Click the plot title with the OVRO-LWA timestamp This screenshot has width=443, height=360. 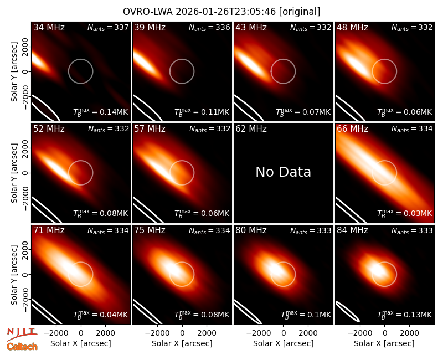[x=221, y=12]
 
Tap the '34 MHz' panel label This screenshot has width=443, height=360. [x=49, y=27]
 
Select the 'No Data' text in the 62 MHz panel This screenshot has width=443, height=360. [x=283, y=172]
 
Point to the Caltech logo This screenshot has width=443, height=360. [x=22, y=347]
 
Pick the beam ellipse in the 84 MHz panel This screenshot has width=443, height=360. [x=348, y=311]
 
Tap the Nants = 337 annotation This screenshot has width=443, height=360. [x=108, y=27]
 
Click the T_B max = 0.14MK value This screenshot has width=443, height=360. [x=101, y=112]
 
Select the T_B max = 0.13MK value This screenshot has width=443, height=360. [x=405, y=315]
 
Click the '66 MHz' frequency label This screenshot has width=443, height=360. [x=352, y=129]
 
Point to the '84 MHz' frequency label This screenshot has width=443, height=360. [x=352, y=230]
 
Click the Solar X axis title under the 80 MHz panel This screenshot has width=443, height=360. [x=283, y=343]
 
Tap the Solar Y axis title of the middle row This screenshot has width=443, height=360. [x=14, y=173]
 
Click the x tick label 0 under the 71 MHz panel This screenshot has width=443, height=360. [x=81, y=333]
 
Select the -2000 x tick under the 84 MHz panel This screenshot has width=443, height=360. [x=359, y=333]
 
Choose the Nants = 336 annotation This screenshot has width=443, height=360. [x=209, y=27]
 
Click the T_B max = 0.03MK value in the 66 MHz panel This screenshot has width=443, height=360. [x=405, y=213]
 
